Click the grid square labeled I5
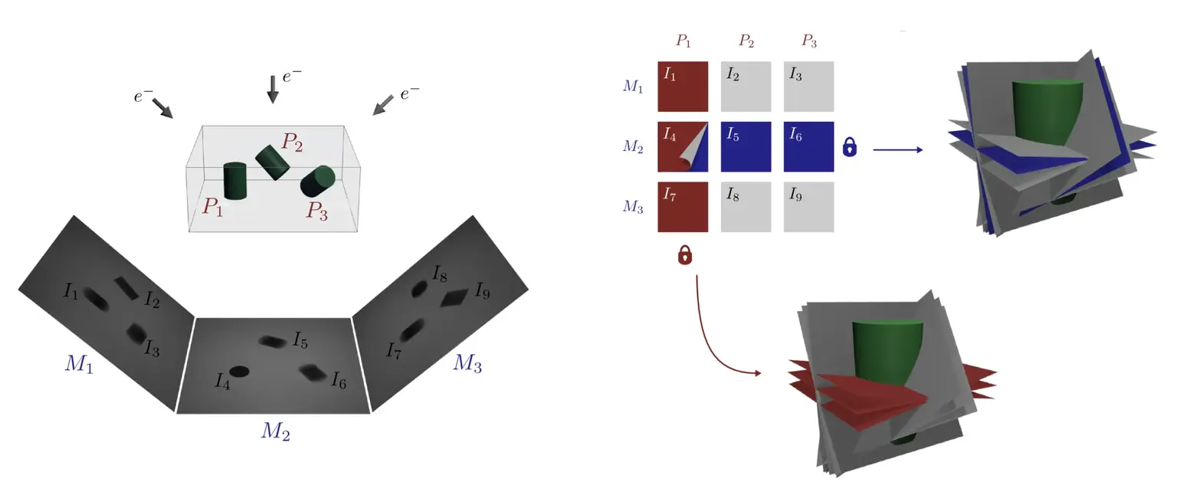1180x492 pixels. [x=746, y=146]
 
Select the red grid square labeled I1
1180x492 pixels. [x=683, y=87]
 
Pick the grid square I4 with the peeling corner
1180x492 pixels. [x=683, y=146]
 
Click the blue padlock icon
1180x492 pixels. [x=849, y=146]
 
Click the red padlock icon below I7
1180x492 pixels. [x=685, y=254]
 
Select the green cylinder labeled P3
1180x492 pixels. [x=317, y=182]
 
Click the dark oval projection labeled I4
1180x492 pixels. [x=240, y=371]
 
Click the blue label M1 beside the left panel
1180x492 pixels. [x=78, y=365]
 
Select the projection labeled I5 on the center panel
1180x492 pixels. [x=272, y=340]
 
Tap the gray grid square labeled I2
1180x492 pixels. [x=746, y=87]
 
